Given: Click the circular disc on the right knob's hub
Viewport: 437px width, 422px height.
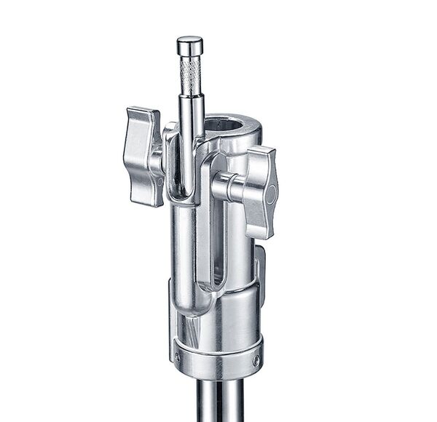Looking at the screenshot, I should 270,194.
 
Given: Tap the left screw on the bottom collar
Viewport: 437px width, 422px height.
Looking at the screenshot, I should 177,357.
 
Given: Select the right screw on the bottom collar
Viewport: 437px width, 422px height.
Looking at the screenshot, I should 256,360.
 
